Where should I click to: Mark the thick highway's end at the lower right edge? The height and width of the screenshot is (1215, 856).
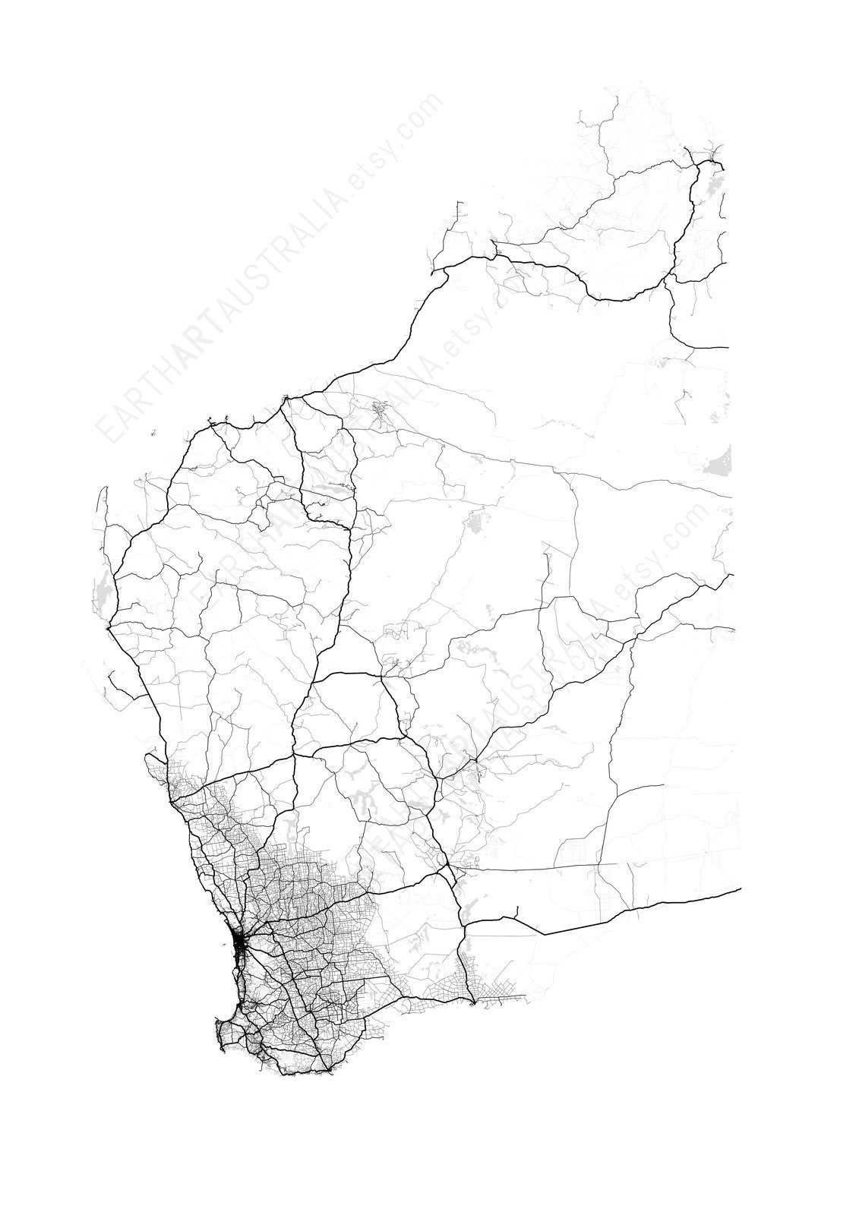pos(739,888)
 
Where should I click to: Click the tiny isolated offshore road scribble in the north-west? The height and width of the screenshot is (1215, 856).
pos(153,433)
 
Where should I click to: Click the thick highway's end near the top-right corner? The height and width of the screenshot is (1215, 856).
pos(723,168)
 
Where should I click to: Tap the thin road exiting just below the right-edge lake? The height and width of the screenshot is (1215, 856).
pos(729,497)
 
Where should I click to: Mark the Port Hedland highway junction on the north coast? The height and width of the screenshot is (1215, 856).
pos(284,397)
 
